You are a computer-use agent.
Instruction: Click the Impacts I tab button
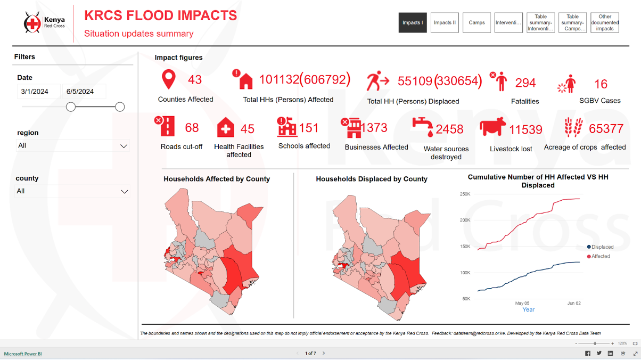[413, 23]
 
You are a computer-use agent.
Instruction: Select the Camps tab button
[476, 23]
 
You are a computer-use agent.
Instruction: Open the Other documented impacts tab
[605, 23]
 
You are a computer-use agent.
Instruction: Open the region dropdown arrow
[124, 146]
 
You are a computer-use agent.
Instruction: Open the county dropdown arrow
[124, 192]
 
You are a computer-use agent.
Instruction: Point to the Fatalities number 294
[525, 83]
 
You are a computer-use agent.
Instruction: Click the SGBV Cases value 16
[601, 84]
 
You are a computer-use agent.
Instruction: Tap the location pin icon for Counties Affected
[169, 79]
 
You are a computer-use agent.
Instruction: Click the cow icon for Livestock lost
[492, 128]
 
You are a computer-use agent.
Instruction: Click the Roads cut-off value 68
[192, 128]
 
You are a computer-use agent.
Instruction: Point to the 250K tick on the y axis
[464, 194]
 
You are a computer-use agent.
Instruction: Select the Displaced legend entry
[600, 247]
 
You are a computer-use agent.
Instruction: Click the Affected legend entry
[598, 256]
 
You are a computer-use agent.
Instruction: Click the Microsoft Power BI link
[23, 354]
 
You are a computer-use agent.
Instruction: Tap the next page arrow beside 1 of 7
[324, 353]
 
